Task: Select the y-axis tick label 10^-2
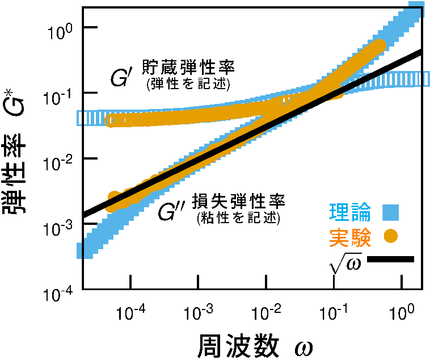[58, 159]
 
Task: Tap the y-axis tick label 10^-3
[58, 225]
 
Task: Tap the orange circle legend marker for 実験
[390, 236]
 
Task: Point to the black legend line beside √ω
[390, 259]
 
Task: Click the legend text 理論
[357, 214]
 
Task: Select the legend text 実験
[357, 237]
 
